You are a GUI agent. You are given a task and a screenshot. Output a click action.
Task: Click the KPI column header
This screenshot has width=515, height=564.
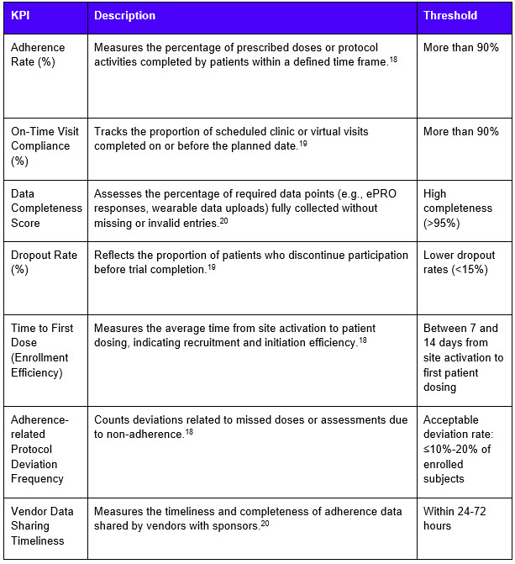click(21, 16)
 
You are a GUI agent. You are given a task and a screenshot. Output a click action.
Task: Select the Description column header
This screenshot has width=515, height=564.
click(124, 16)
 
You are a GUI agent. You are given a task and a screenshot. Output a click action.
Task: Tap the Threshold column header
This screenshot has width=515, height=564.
click(449, 16)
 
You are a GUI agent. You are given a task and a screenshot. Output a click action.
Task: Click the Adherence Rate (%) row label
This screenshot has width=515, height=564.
click(41, 55)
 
